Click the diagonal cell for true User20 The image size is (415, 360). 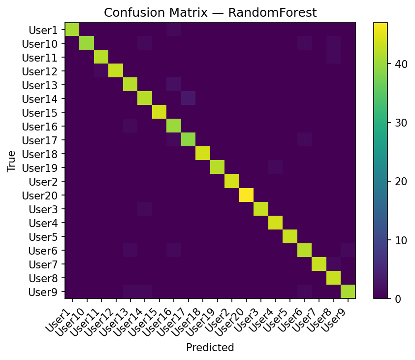point(247,195)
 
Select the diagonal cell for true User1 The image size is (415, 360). point(72,30)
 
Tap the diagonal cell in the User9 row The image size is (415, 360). point(348,292)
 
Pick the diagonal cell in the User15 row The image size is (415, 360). point(160,112)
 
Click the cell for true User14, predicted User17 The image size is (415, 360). point(189,98)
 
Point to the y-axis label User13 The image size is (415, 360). point(40,85)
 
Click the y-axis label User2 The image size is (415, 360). point(43,182)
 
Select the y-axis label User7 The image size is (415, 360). point(43,264)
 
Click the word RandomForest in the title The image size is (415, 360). point(272,12)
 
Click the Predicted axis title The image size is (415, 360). point(210,347)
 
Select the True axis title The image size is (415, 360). point(11,161)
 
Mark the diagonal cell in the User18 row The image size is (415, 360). point(203,154)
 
